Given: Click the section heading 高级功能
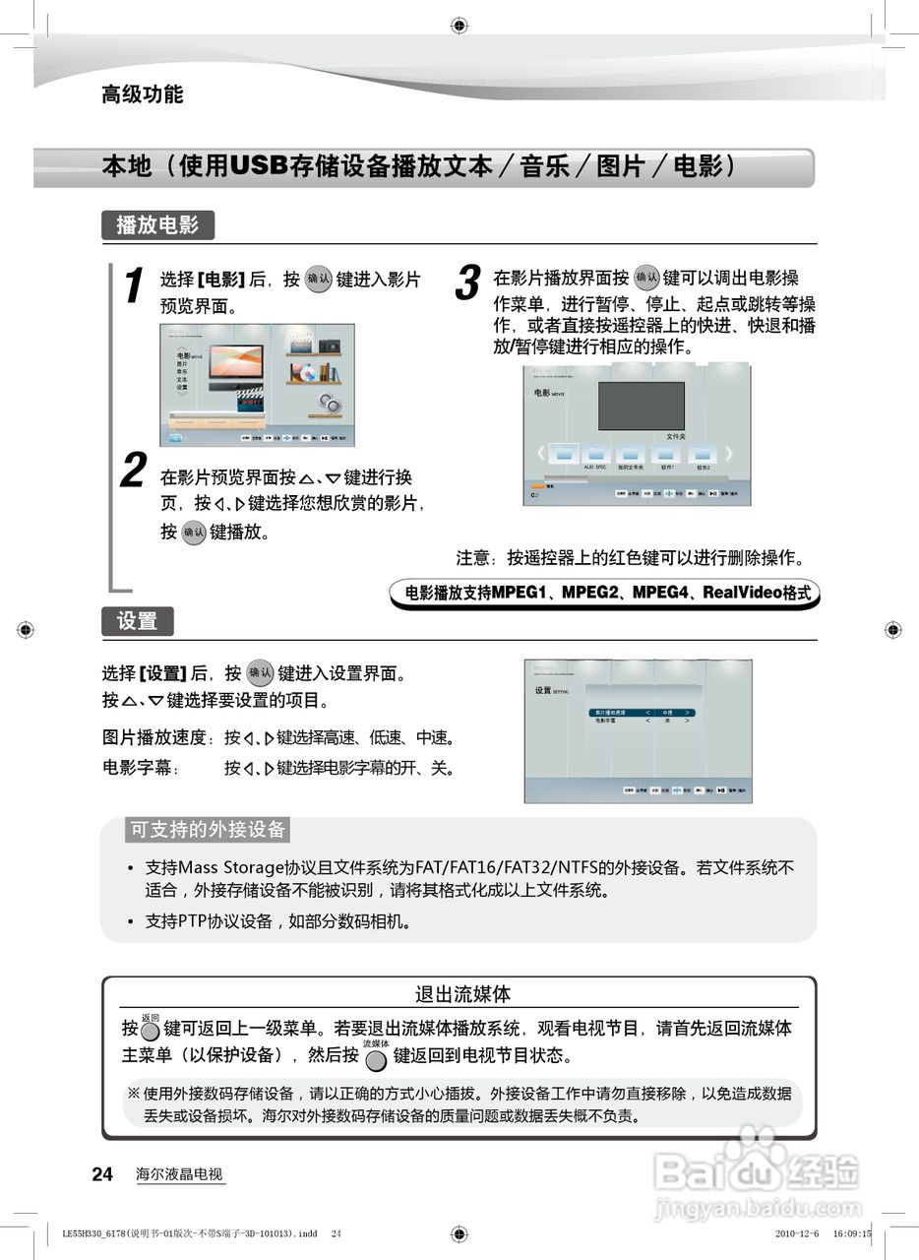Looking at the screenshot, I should [143, 94].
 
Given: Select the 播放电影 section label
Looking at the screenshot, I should [157, 225].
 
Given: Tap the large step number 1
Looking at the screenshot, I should [134, 286].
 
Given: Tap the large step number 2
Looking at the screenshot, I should [134, 471].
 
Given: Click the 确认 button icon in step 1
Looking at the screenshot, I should [319, 280].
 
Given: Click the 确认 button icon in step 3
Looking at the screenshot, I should [646, 278].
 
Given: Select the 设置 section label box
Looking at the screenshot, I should [137, 621].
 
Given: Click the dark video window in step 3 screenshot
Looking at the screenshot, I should [642, 406].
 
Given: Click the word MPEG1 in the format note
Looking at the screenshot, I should [521, 594].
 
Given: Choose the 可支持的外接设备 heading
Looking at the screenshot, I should [208, 830].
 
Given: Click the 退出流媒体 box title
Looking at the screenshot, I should [462, 994].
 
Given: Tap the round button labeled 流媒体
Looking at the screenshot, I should [375, 1060].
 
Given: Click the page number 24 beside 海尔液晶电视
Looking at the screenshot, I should [102, 1174].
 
